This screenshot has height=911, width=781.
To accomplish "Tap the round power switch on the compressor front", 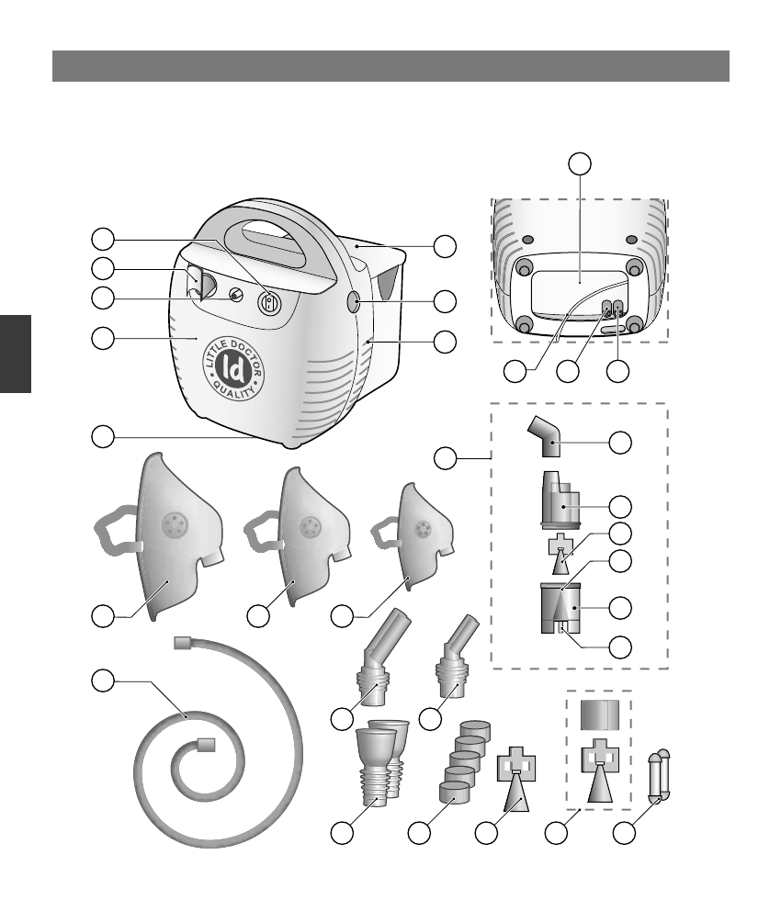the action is (269, 304).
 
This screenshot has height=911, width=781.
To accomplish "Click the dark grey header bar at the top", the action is (390, 66).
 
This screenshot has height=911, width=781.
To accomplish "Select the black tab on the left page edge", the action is (16, 353).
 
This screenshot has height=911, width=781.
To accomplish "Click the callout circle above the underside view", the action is (579, 164).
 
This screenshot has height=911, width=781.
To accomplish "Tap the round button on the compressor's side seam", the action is (356, 301).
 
